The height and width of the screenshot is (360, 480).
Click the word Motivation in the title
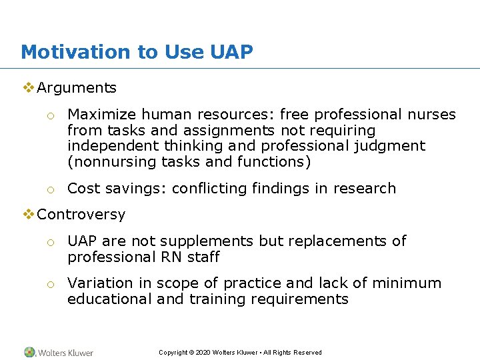74,52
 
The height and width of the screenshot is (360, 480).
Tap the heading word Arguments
77,88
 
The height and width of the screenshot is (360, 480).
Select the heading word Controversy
81,215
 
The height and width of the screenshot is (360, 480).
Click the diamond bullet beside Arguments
29,88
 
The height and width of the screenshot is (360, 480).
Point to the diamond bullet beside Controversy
29,215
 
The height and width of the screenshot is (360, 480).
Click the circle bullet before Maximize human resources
50,116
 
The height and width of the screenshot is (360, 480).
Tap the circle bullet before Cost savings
50,190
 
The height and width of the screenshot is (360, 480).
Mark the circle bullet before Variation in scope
50,285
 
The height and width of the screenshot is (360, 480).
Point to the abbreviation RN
169,257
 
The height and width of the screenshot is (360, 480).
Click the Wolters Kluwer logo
59,352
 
